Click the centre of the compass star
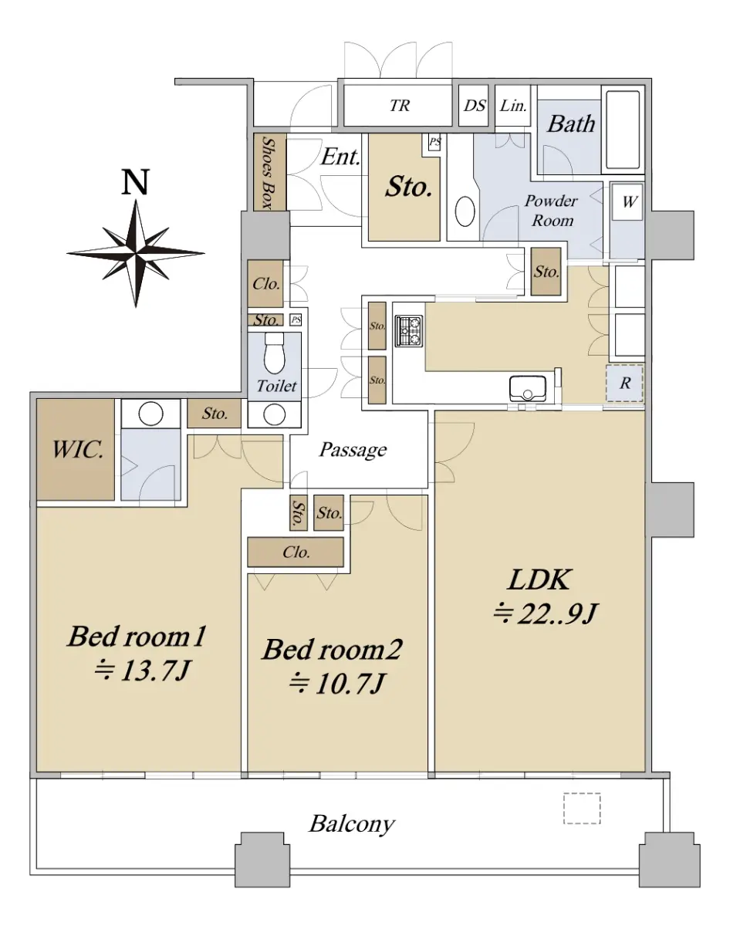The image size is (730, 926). tap(136, 254)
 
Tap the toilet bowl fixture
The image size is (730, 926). tap(274, 353)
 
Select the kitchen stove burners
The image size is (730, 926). tap(409, 331)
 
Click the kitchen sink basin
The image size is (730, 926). tap(527, 387)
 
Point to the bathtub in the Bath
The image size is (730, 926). tap(623, 130)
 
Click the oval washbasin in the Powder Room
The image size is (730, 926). tap(465, 211)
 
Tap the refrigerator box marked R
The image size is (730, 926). tap(625, 383)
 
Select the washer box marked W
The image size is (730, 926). tap(627, 202)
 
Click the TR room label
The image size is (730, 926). tap(400, 106)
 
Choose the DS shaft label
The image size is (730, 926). tap(475, 106)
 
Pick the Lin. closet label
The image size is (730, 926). tap(513, 106)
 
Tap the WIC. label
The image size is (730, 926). tap(78, 450)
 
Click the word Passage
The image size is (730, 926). tap(353, 450)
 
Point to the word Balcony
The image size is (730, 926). tap(352, 824)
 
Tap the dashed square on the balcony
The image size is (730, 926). tap(582, 809)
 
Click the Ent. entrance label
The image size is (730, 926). tap(340, 157)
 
